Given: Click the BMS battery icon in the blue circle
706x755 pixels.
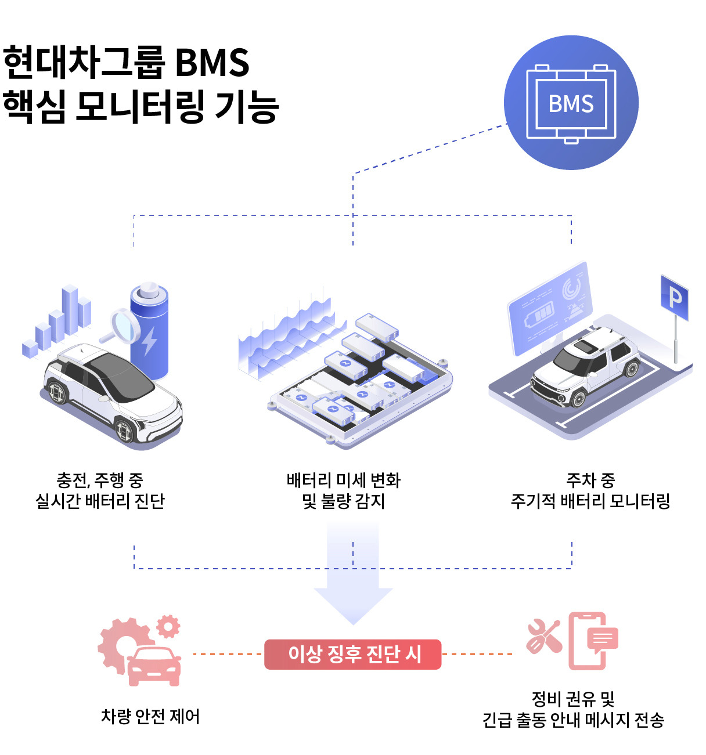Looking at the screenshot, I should (x=571, y=104).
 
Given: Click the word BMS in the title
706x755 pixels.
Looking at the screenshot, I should (x=212, y=62).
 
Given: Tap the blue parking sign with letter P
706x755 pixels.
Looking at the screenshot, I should (x=675, y=298).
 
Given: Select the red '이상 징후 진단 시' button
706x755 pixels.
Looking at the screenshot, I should (x=353, y=654).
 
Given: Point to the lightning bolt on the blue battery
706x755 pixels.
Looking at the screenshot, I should (x=150, y=341).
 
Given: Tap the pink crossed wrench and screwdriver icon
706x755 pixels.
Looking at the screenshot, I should (x=543, y=636).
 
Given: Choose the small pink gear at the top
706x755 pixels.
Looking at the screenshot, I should (x=168, y=626).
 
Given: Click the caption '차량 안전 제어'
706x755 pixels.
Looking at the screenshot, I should (x=150, y=717).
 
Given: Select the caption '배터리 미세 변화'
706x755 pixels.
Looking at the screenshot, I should (x=344, y=481).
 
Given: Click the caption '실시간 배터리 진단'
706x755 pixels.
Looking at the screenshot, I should (x=100, y=501).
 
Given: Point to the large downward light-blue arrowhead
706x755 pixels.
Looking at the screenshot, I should (x=354, y=604).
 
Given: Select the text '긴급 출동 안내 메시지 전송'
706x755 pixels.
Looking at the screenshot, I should (x=573, y=721).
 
